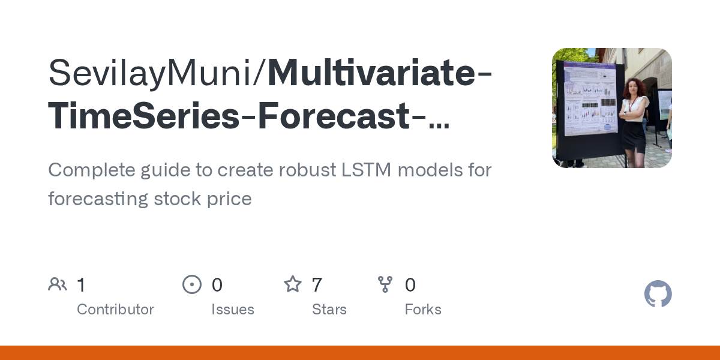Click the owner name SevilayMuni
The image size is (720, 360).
[150, 73]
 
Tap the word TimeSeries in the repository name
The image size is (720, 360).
[143, 116]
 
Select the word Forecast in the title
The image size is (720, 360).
[334, 116]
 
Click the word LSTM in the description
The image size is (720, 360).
[366, 170]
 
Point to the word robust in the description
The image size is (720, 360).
[308, 170]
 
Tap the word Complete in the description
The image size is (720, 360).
[92, 170]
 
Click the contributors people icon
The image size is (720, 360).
[58, 284]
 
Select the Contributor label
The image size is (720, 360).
[115, 310]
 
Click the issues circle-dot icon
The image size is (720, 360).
[192, 284]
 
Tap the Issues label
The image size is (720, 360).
[233, 310]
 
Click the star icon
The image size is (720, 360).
[293, 284]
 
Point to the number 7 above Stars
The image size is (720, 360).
[317, 285]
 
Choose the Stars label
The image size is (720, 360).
[329, 310]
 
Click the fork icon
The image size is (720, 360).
[385, 284]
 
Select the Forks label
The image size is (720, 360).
[423, 310]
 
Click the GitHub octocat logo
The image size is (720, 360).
[658, 294]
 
